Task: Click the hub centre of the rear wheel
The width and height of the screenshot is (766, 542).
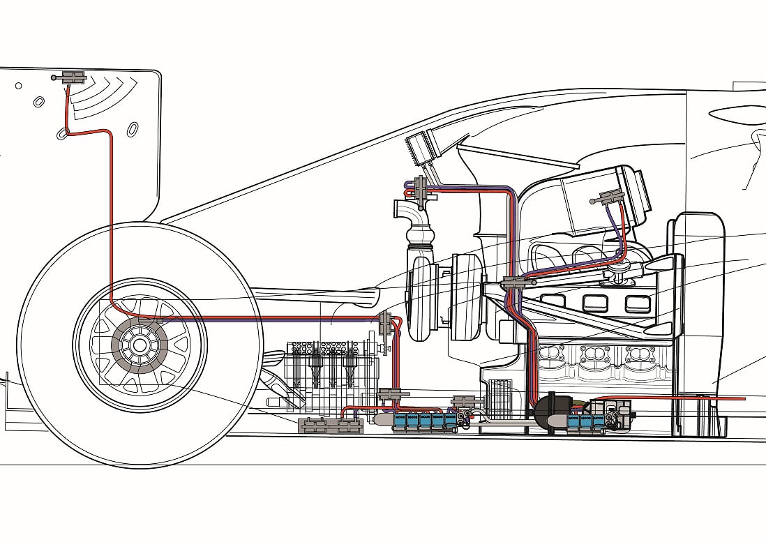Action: tap(140, 345)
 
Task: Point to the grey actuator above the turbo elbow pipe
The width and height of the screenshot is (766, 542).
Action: tap(421, 188)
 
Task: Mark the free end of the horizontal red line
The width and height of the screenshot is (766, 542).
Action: tap(744, 399)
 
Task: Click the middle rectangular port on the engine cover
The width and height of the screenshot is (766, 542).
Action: tap(595, 303)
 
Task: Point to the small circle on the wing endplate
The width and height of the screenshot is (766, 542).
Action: tap(18, 86)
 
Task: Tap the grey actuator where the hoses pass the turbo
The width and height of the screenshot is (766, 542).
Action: tap(514, 283)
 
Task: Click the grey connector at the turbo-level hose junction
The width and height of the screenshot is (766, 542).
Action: tap(385, 323)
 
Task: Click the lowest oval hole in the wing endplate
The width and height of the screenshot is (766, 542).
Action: tap(61, 134)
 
